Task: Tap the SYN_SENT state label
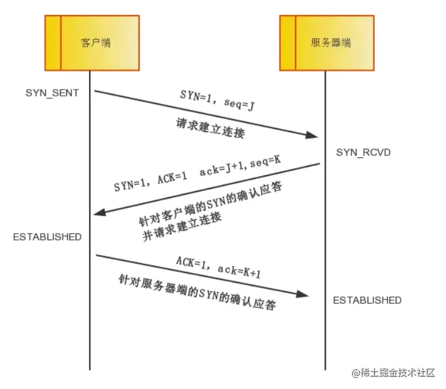[x=52, y=93]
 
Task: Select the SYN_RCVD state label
[x=360, y=152]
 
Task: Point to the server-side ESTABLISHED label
[x=367, y=300]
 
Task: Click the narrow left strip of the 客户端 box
[x=53, y=43]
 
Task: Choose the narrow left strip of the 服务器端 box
[x=288, y=43]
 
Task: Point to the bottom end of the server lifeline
[x=325, y=368]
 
